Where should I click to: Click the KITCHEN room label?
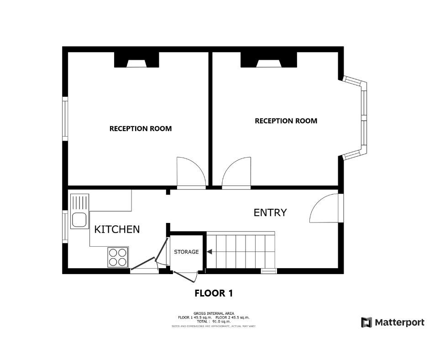click(x=117, y=229)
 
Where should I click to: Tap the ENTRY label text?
click(x=270, y=212)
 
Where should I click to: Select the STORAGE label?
click(x=186, y=252)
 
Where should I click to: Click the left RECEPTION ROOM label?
click(x=141, y=128)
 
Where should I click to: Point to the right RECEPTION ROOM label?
click(x=286, y=121)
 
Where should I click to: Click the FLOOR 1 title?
click(x=214, y=293)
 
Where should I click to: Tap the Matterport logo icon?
click(x=366, y=323)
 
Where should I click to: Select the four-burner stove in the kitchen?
click(x=118, y=257)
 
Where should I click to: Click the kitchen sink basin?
click(x=79, y=219)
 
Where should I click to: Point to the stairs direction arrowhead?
click(x=209, y=252)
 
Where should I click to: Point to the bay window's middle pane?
click(x=364, y=118)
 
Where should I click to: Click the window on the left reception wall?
click(x=65, y=119)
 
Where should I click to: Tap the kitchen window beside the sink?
click(x=65, y=227)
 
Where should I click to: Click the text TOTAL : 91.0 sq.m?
click(x=214, y=321)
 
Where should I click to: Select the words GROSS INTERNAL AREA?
click(x=214, y=313)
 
